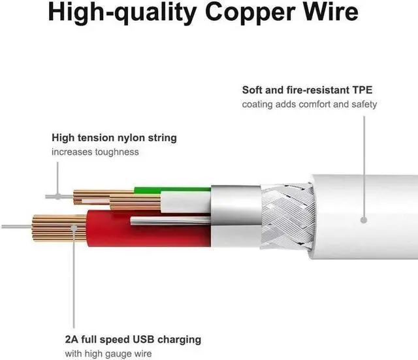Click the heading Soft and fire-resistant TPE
point(307,90)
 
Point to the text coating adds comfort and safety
point(310,105)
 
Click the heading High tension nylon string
point(114,139)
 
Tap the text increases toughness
point(95,152)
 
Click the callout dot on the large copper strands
point(74,229)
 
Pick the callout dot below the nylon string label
point(57,195)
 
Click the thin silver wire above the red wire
point(170,220)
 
